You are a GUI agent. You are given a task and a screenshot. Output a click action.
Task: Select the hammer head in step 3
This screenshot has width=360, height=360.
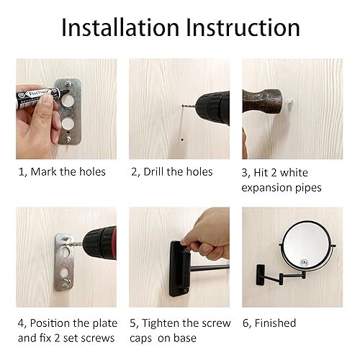(x=264, y=98)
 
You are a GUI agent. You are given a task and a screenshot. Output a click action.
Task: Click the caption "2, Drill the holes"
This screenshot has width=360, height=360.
(x=171, y=171)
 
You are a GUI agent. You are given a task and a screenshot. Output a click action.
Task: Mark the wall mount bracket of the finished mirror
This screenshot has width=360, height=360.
(x=255, y=273)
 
